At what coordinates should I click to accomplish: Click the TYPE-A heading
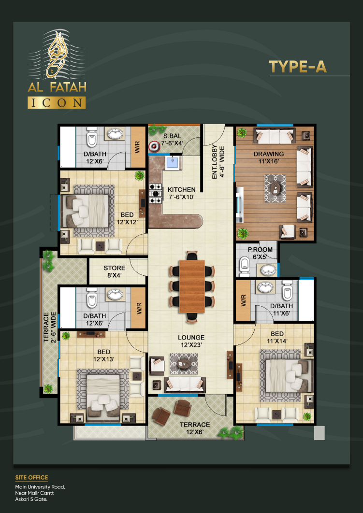[x=298, y=67]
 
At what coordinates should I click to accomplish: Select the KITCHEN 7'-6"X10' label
[x=182, y=193]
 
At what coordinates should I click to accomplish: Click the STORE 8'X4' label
[x=115, y=271]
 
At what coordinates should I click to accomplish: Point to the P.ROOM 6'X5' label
[x=260, y=253]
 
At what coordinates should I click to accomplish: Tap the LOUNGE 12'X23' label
[x=191, y=341]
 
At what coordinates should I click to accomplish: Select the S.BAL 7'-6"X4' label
[x=172, y=140]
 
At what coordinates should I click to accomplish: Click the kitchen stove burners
[x=156, y=192]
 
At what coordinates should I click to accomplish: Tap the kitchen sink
[x=173, y=163]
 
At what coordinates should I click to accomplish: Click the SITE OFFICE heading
[x=31, y=478]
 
